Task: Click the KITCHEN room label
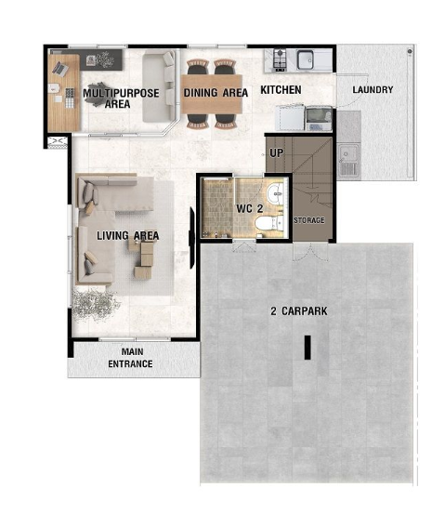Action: click(281, 90)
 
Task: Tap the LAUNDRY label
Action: click(373, 89)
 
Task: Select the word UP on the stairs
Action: click(276, 152)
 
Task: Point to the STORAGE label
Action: click(309, 220)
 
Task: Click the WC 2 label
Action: click(249, 208)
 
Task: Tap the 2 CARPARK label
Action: click(299, 311)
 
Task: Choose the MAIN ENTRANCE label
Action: click(130, 358)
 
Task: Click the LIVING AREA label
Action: click(128, 236)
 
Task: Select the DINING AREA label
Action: click(216, 93)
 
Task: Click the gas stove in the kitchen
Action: click(280, 60)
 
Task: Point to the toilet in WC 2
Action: click(269, 223)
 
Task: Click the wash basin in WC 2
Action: click(275, 194)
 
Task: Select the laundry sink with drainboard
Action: click(348, 161)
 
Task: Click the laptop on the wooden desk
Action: click(60, 68)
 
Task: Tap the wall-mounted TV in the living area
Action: click(191, 238)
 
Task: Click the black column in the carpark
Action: click(308, 348)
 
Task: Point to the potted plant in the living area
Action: click(95, 305)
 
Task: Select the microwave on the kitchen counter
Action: click(318, 118)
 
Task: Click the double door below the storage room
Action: click(310, 252)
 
